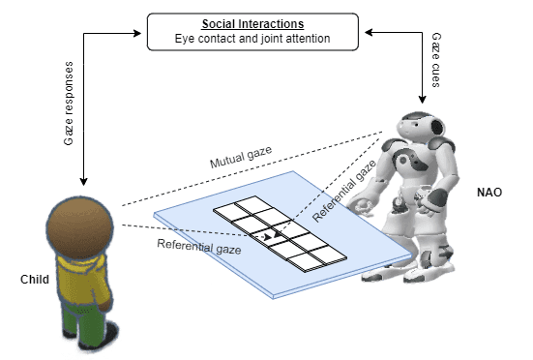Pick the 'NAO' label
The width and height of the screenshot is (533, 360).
click(489, 193)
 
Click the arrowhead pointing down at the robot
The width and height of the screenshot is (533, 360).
click(422, 98)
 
